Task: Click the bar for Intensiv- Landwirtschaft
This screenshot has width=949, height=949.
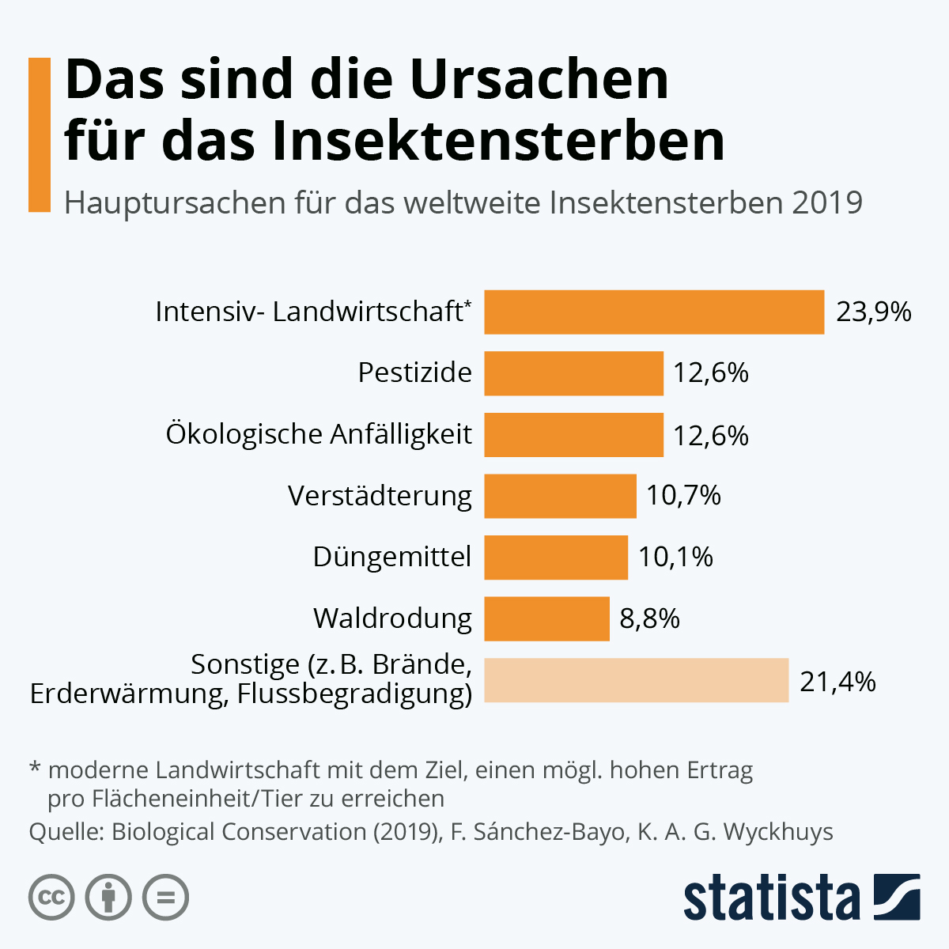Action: click(x=654, y=312)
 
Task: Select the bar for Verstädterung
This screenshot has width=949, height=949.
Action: click(x=560, y=496)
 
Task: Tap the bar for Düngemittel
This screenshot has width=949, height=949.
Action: click(x=556, y=557)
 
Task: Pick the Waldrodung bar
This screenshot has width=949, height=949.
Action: click(x=546, y=618)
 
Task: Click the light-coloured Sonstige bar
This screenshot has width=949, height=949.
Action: click(x=636, y=680)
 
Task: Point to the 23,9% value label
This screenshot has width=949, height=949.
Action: click(x=874, y=312)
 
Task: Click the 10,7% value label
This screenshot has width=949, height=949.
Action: click(x=683, y=496)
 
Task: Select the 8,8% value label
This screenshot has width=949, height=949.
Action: click(x=649, y=618)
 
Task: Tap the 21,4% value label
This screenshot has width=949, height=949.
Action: click(x=837, y=681)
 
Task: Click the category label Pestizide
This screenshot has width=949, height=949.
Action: click(x=414, y=372)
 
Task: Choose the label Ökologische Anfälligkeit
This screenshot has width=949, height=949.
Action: click(x=319, y=434)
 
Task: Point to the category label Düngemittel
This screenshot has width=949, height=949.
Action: click(x=392, y=557)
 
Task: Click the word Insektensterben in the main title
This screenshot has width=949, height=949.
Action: click(x=498, y=142)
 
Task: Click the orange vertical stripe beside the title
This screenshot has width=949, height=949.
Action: click(x=40, y=134)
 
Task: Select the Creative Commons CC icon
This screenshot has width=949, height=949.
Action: click(x=51, y=898)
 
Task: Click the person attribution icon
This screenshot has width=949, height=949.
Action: click(x=108, y=898)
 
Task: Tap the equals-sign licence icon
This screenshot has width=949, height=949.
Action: click(x=166, y=898)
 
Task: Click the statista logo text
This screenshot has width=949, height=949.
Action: click(x=771, y=898)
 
